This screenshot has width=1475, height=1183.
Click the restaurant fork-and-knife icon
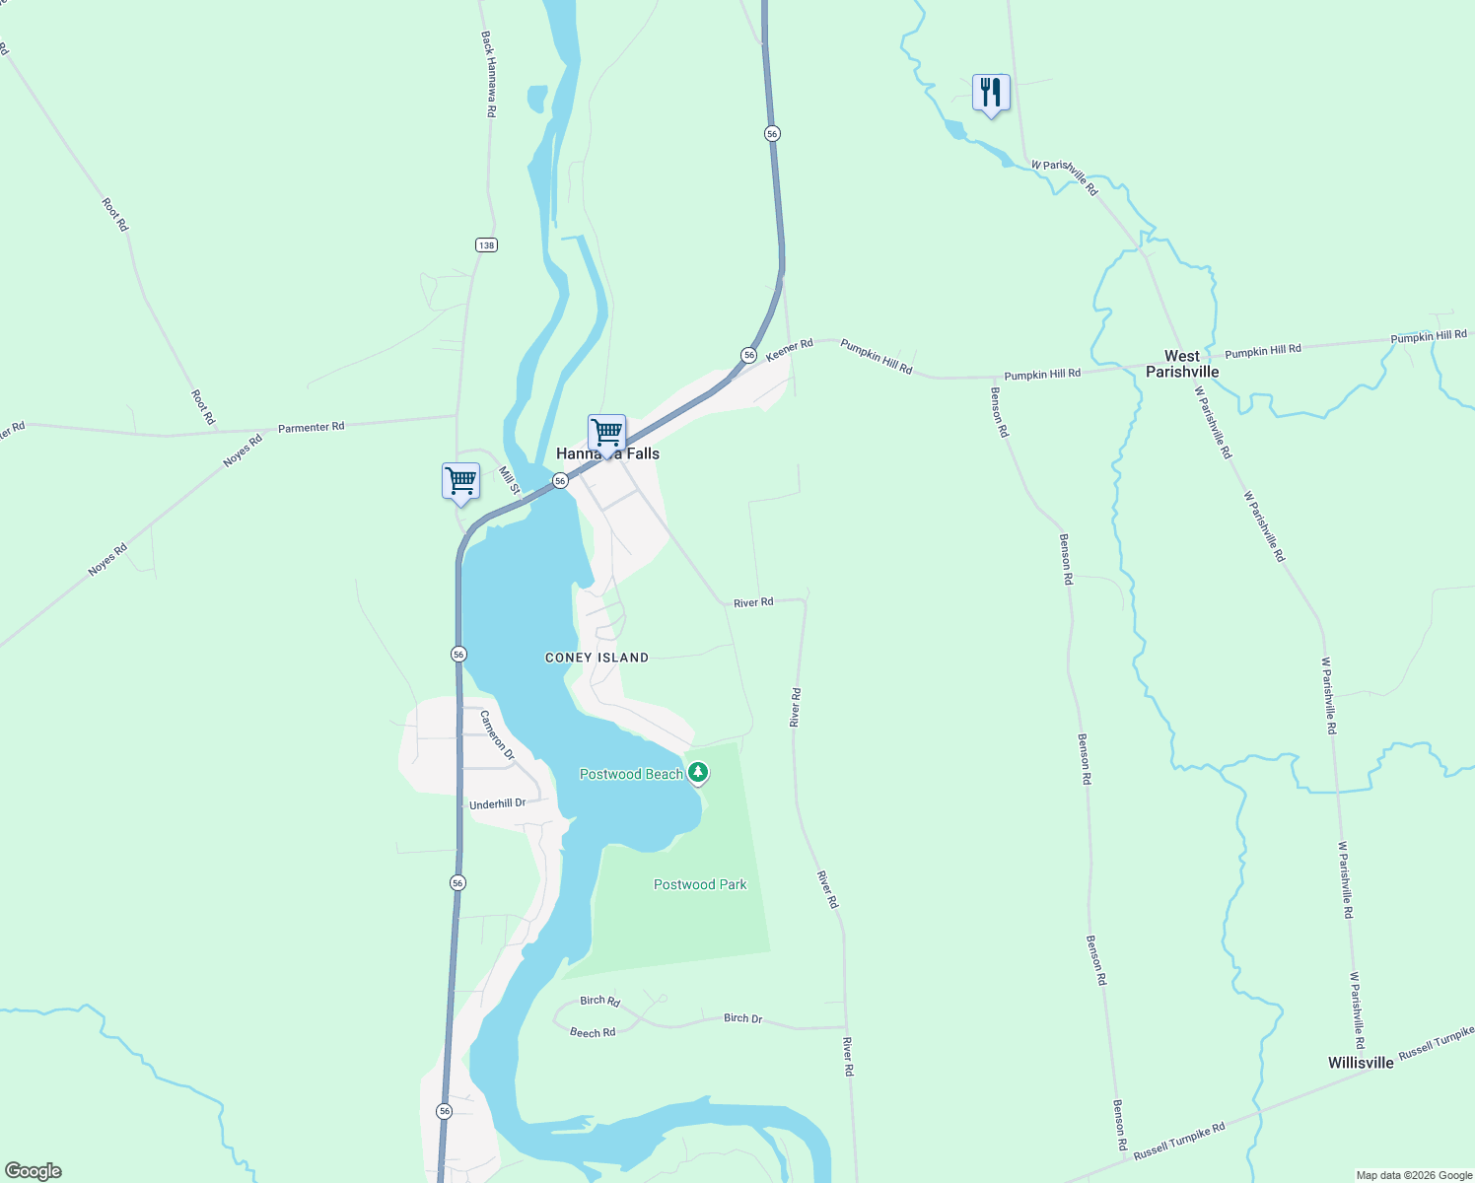pos(991,94)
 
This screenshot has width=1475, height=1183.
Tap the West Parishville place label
pos(1182,364)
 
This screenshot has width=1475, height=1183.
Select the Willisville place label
pos(1361,1063)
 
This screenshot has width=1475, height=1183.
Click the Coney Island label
pos(597,658)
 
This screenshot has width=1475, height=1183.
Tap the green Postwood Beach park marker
pos(698,773)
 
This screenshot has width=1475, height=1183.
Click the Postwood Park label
pos(700,884)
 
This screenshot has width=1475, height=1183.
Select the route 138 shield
pos(485,244)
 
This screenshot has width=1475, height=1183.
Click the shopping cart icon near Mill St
pos(460,482)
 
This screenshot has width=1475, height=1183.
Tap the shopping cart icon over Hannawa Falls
pos(606,433)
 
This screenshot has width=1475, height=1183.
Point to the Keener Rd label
pos(790,349)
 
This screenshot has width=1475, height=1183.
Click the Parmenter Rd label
pos(312,427)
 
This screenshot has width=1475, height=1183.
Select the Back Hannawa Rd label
pos(489,74)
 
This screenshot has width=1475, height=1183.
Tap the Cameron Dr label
pos(497,734)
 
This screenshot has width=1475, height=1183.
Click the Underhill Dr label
pos(498,804)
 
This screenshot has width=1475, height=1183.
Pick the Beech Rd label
pos(593,1032)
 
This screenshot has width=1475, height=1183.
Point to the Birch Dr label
pos(742,1018)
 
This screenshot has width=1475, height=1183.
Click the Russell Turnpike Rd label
pos(1179,1141)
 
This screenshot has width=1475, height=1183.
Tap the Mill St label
pos(508,480)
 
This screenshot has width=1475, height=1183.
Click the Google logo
pos(34,1171)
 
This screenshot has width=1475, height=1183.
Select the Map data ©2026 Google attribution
pos(1414,1175)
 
